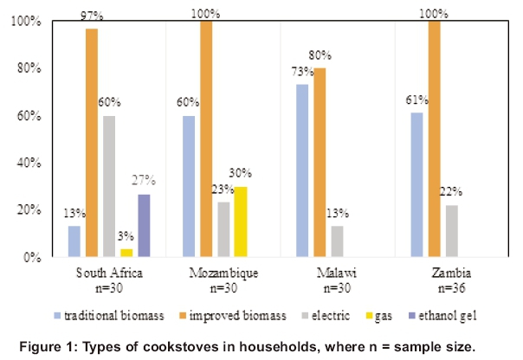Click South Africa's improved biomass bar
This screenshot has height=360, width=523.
coord(91,143)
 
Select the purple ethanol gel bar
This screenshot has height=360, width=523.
coord(144,225)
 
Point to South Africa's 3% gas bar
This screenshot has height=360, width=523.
coord(126,253)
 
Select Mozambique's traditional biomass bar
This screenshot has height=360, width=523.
coord(189,186)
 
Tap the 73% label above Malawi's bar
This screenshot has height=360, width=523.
coord(301,74)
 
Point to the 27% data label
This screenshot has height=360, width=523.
coord(144,180)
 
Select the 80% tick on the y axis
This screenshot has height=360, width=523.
coord(29,68)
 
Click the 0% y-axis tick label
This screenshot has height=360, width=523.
coord(32,258)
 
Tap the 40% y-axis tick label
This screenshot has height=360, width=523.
coord(29,163)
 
